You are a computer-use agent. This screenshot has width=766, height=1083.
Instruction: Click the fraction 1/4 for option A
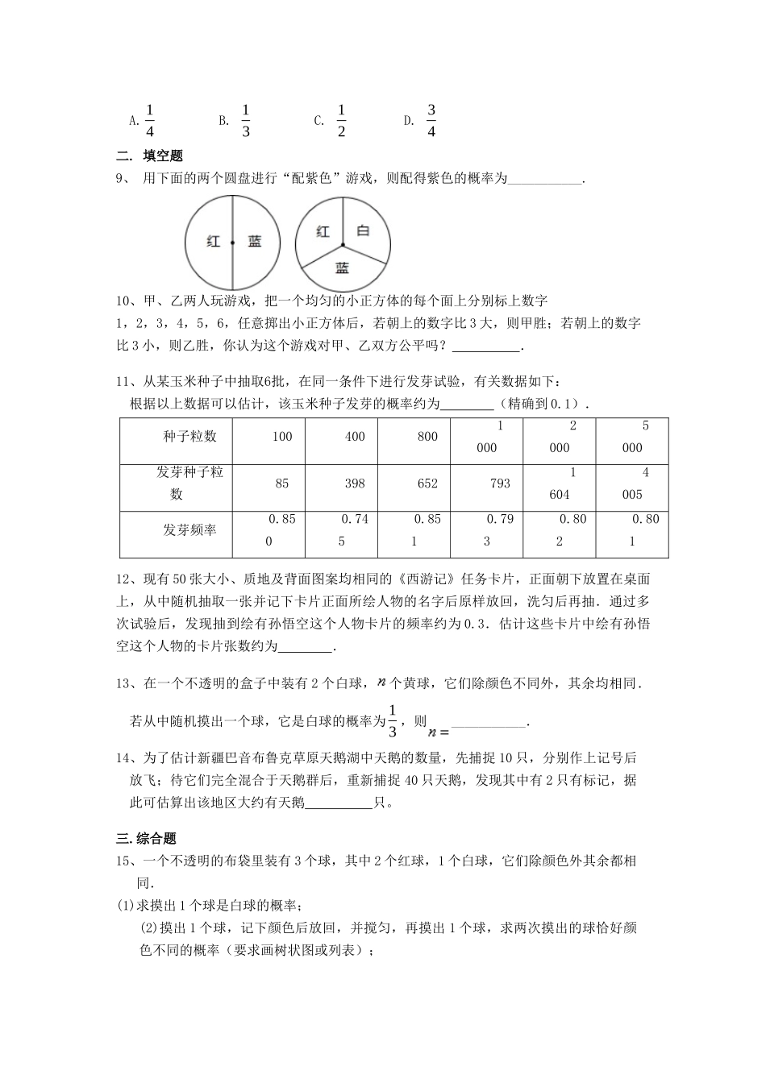coord(150,120)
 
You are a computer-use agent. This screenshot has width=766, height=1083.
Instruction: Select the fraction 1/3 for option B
coord(246,120)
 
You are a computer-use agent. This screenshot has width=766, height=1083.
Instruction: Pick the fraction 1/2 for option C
coord(341,120)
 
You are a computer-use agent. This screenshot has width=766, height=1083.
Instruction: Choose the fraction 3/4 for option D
coord(431,120)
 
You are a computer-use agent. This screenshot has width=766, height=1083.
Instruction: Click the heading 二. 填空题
coord(150,156)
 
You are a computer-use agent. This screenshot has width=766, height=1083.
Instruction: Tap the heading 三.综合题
coord(147,838)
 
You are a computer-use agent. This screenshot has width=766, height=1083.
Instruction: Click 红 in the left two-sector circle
coord(213,241)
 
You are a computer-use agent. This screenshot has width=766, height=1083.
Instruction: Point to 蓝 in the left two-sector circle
coord(255,241)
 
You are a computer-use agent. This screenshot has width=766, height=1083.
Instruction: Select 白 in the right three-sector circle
coord(363,231)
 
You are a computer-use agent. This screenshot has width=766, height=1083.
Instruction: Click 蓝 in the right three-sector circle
coord(343,268)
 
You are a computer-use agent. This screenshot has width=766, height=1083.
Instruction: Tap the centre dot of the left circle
coord(233,242)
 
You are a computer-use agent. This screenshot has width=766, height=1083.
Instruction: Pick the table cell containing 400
coord(355,437)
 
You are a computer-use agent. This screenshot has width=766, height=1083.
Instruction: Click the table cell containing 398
coord(355,483)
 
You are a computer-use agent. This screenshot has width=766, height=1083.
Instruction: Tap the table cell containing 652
coord(427,483)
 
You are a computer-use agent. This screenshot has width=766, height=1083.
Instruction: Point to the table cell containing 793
coord(500,483)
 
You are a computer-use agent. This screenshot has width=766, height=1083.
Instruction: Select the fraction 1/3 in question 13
coord(393,720)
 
